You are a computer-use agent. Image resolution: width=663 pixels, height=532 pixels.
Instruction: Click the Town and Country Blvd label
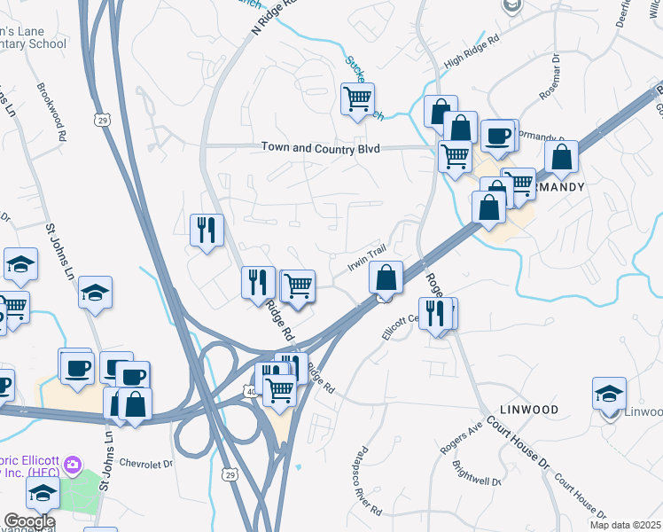[x=320, y=149]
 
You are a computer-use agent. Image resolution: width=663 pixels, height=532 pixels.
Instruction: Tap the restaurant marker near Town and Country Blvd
[x=207, y=231]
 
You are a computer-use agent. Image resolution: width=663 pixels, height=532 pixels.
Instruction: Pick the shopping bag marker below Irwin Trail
[x=386, y=278]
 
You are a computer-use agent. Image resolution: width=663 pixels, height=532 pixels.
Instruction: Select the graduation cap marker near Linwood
[x=610, y=393]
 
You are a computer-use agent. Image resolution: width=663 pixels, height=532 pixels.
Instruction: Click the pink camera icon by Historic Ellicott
[x=73, y=464]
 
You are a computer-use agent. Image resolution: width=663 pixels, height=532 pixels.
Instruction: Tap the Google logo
[x=28, y=521]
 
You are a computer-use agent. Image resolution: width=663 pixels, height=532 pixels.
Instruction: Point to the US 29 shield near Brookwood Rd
[x=104, y=119]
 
